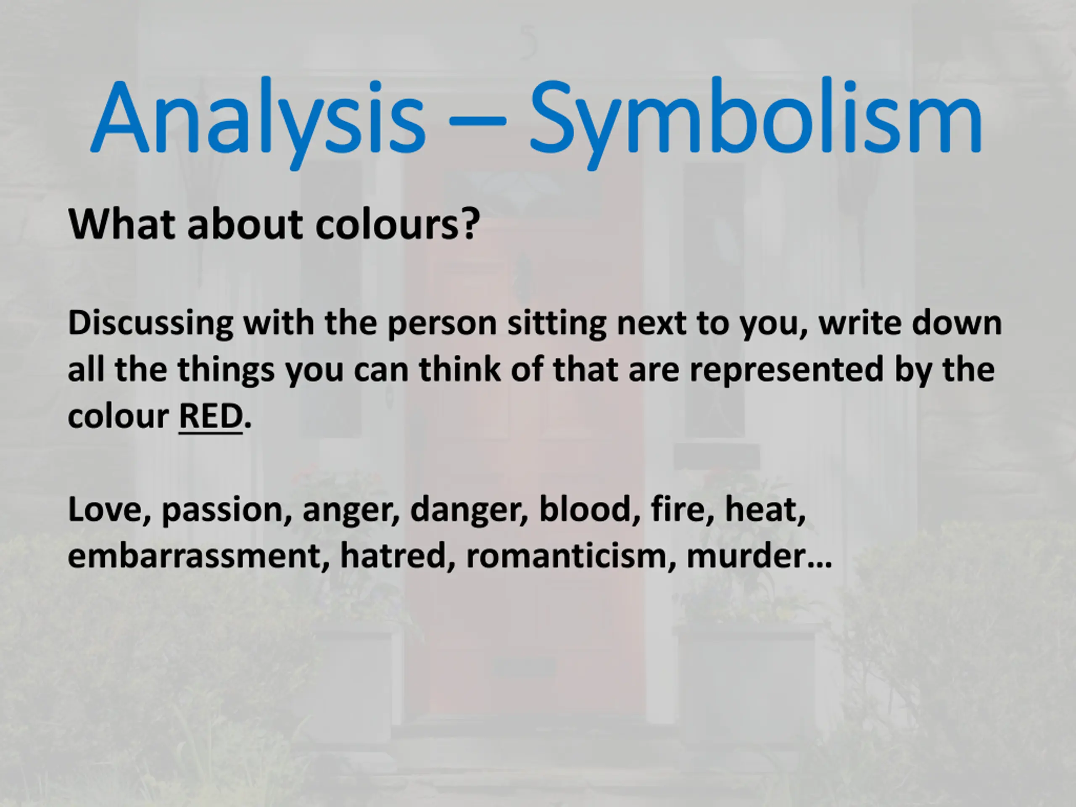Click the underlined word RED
(x=211, y=417)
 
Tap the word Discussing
(x=151, y=324)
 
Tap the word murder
(x=746, y=556)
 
